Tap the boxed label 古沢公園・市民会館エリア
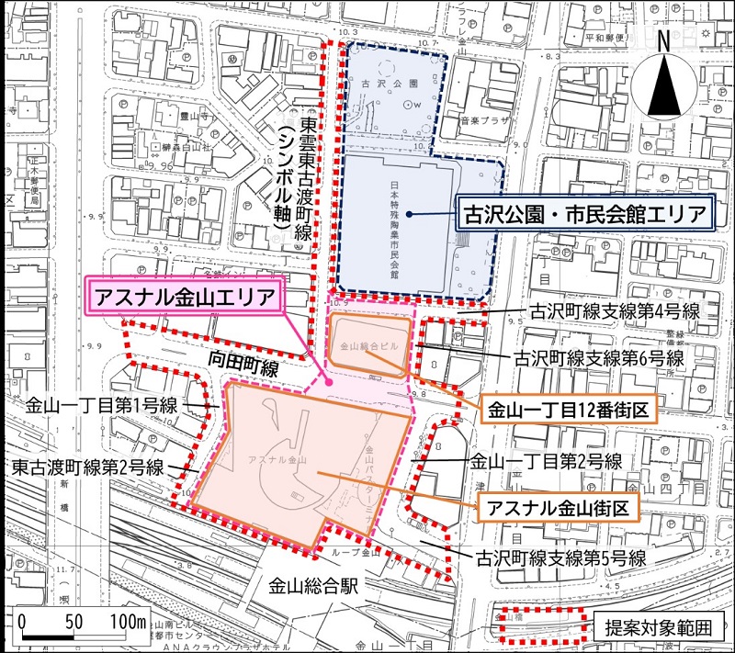pyautogui.click(x=584, y=217)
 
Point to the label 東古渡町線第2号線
pyautogui.click(x=88, y=467)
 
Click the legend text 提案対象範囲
pyautogui.click(x=658, y=629)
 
